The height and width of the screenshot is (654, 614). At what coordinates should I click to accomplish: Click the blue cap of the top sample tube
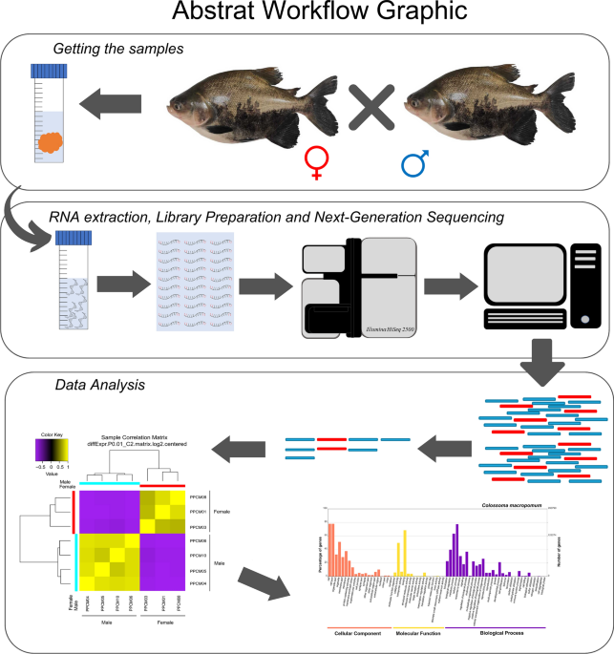pyautogui.click(x=48, y=71)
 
